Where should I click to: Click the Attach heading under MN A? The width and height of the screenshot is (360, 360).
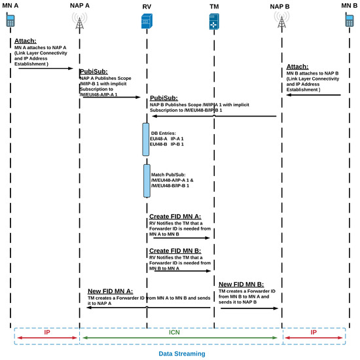26,41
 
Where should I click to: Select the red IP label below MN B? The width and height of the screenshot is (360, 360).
314,332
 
